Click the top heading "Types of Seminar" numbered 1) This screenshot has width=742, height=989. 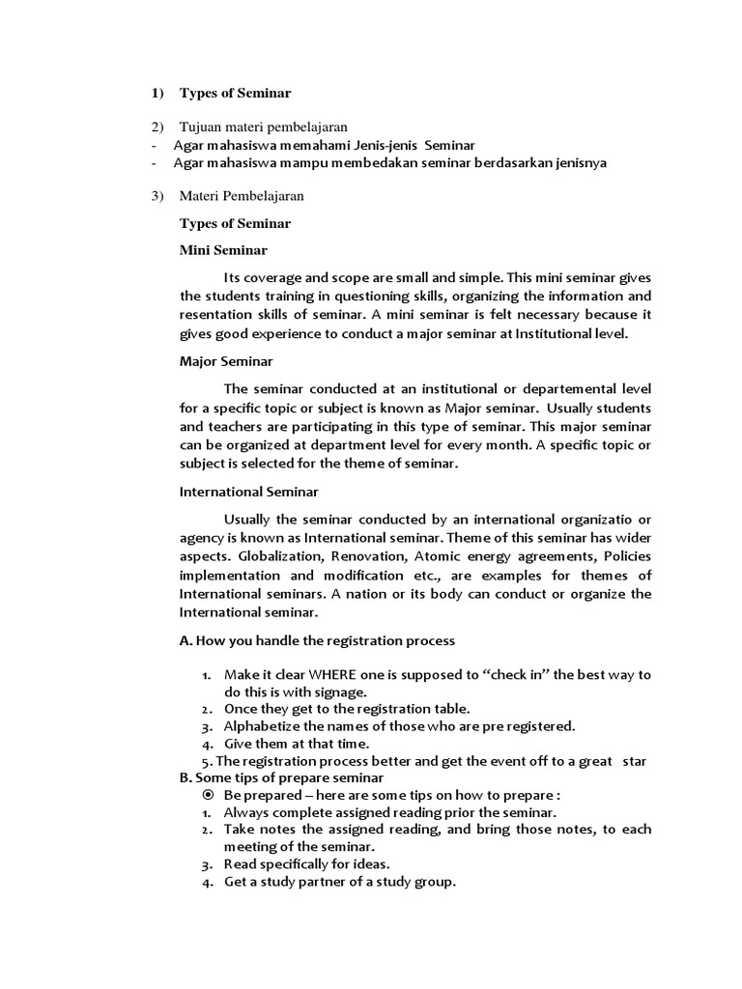pyautogui.click(x=235, y=93)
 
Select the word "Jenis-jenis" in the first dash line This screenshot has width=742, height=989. pyautogui.click(x=386, y=145)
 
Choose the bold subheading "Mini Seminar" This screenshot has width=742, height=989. pyautogui.click(x=223, y=250)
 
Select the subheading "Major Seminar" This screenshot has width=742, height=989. pyautogui.click(x=226, y=361)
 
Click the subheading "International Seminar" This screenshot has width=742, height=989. pyautogui.click(x=249, y=492)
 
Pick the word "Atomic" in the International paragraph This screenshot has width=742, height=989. pyautogui.click(x=438, y=556)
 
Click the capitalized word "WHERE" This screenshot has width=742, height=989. pyautogui.click(x=331, y=674)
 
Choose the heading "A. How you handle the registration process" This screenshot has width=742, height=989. pyautogui.click(x=317, y=640)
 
